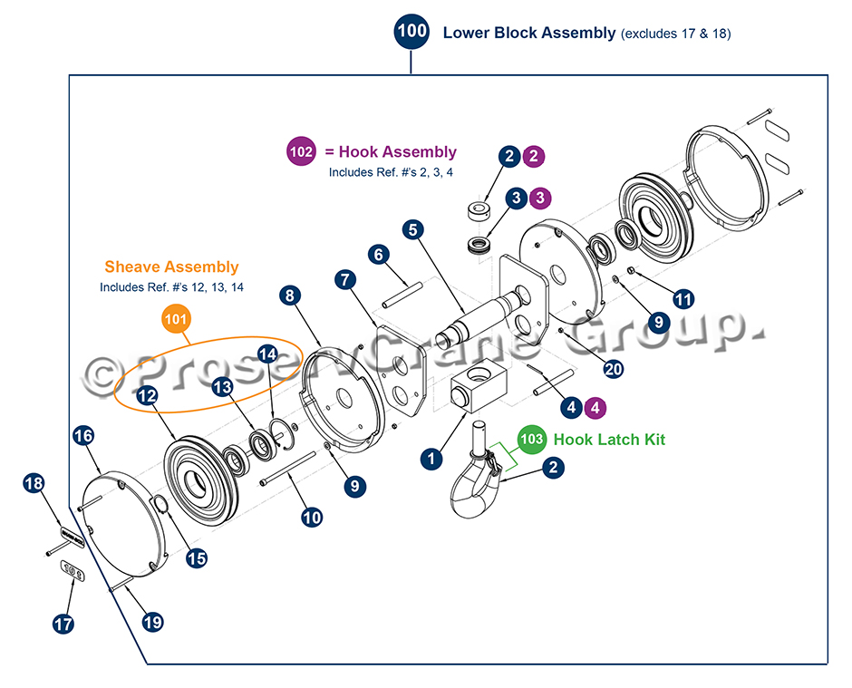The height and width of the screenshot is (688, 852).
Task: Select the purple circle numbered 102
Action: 303,152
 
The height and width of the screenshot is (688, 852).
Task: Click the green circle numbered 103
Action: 532,440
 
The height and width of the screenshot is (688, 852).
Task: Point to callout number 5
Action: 413,229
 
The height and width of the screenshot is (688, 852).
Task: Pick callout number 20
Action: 614,368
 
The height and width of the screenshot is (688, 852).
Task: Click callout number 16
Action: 83,437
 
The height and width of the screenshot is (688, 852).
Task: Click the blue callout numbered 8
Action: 290,295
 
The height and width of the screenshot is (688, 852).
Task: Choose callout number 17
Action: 63,624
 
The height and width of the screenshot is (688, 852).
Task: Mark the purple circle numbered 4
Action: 595,408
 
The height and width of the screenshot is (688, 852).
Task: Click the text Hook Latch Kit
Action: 609,440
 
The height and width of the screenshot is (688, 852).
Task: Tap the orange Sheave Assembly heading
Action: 171,266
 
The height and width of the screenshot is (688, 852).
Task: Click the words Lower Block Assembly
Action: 528,33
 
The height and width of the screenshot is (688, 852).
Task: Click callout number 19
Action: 152,622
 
